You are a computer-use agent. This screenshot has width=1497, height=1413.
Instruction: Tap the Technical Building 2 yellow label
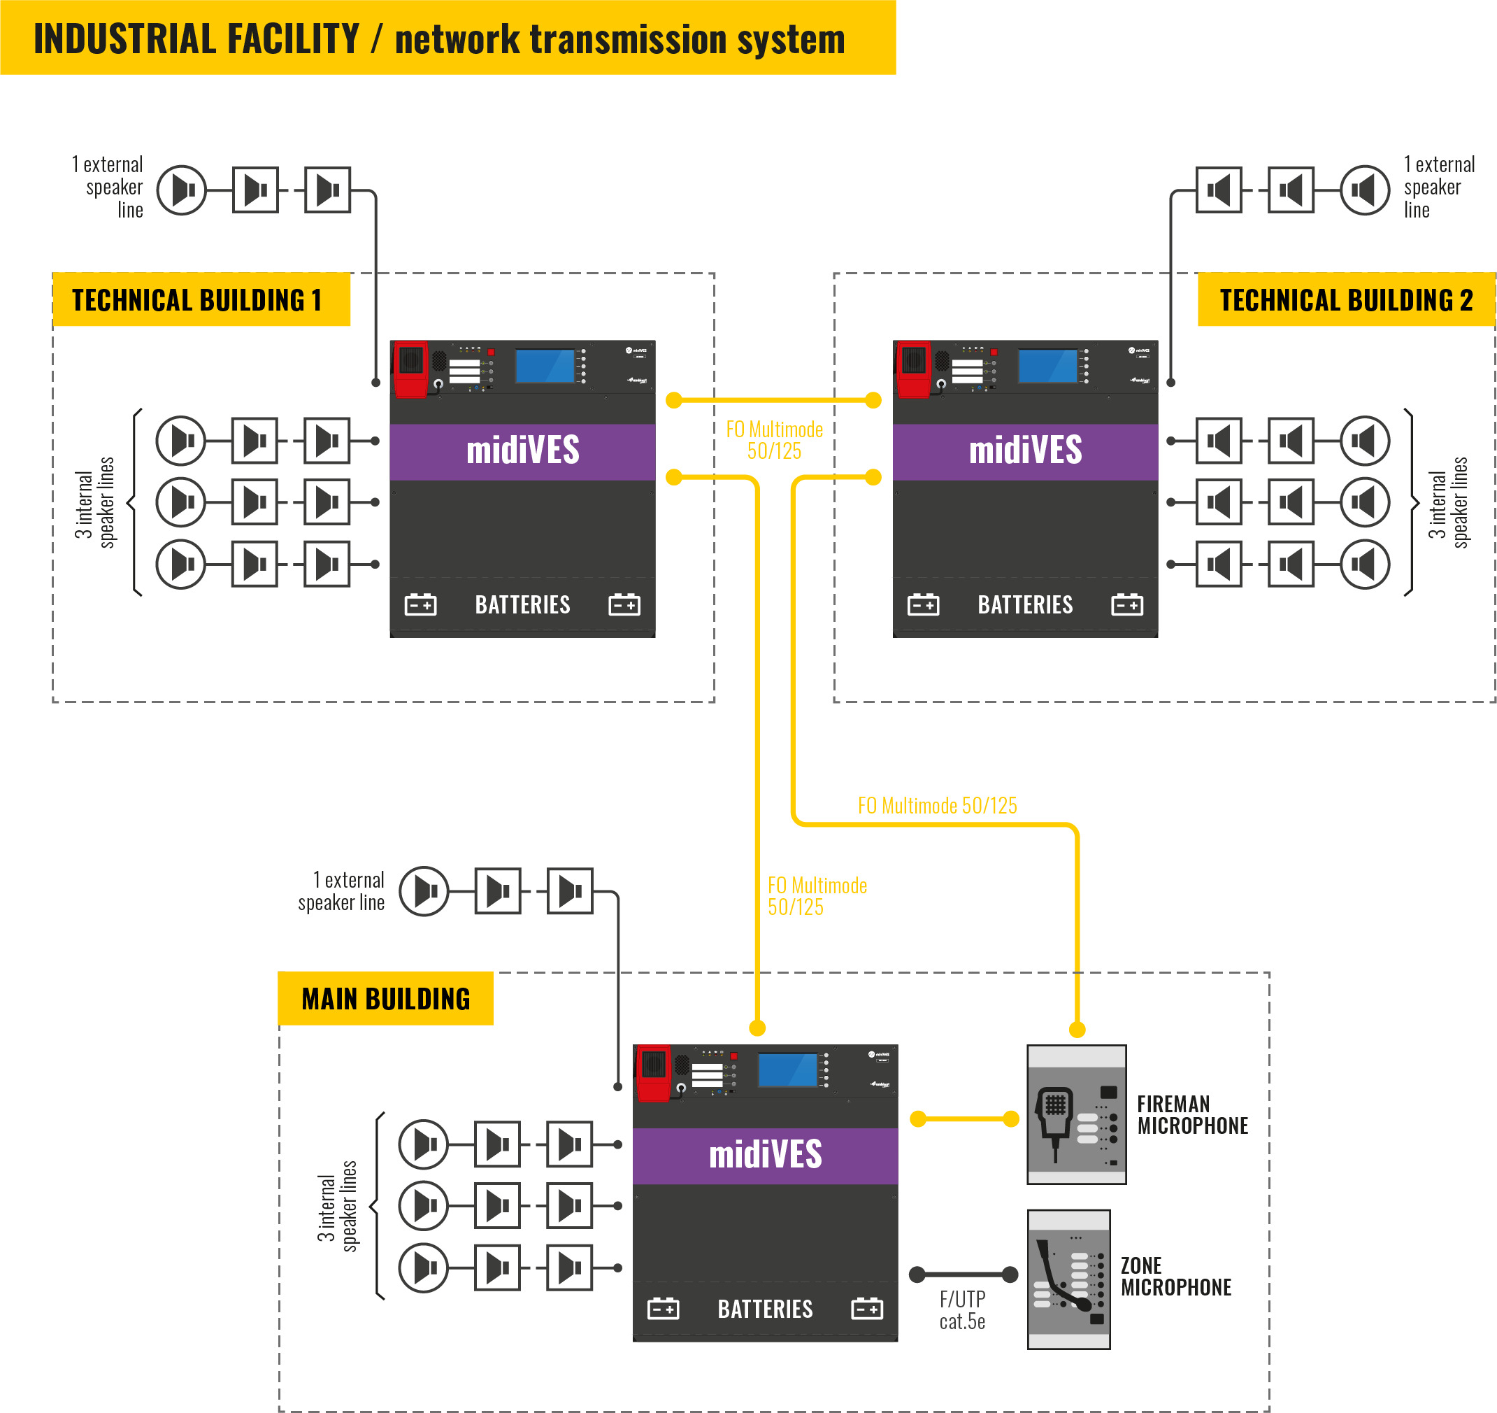click(1346, 300)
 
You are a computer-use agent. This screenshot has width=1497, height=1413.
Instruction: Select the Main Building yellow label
click(385, 999)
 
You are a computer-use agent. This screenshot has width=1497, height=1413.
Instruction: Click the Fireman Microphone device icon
click(1077, 1114)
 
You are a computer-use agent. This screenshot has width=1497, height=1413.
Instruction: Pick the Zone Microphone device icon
click(1068, 1279)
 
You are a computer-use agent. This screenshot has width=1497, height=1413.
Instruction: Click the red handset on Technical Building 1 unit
click(411, 369)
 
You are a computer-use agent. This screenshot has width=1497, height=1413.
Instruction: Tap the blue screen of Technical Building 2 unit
click(1047, 366)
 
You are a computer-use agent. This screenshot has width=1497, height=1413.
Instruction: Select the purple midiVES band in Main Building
click(765, 1156)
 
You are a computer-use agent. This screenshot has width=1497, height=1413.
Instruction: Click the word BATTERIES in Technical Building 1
click(522, 605)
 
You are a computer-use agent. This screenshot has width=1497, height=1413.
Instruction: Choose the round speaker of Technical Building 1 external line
click(182, 190)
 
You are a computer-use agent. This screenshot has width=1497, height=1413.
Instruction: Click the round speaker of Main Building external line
click(424, 892)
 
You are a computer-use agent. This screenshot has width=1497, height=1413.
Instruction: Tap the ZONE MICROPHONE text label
click(1175, 1277)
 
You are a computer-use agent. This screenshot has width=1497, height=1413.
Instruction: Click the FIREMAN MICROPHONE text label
click(1192, 1115)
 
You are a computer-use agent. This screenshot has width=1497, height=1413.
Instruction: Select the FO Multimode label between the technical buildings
click(774, 440)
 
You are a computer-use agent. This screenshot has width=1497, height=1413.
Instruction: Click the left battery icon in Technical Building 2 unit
click(923, 605)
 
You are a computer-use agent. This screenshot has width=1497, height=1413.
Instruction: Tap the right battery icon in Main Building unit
click(867, 1309)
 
